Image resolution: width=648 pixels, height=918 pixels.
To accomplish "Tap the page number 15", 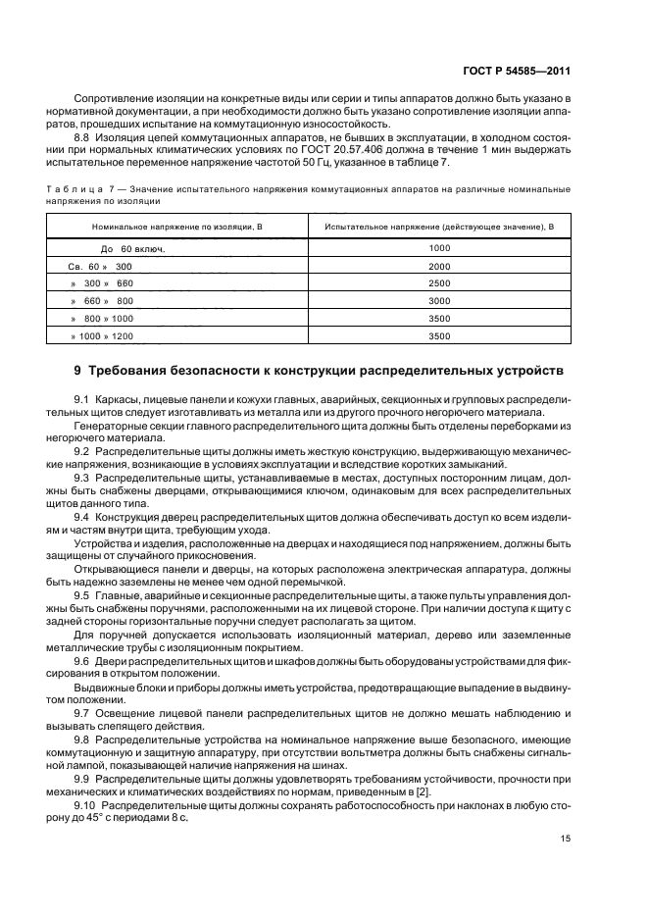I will (566, 838).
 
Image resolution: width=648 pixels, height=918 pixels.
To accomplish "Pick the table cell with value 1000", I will (439, 249).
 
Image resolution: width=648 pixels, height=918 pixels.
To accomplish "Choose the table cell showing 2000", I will (439, 267).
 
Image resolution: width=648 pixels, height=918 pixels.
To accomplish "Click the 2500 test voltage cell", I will (439, 283).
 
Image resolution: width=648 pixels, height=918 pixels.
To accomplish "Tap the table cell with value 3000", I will (439, 301).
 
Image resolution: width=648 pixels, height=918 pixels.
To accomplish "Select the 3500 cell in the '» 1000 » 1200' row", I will (439, 336).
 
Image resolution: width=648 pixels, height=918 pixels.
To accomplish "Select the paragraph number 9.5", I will (83, 595).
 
